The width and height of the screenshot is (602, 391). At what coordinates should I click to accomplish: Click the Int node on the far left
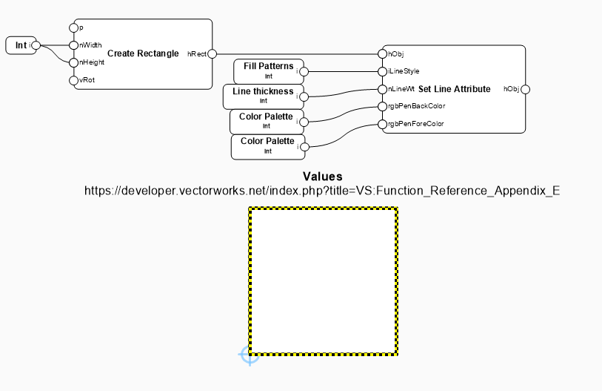tap(21, 46)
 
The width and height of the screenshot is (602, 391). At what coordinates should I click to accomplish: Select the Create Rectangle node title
tap(143, 53)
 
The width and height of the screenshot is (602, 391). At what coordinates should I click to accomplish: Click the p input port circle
tap(73, 27)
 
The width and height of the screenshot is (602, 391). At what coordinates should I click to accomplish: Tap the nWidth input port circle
tap(73, 45)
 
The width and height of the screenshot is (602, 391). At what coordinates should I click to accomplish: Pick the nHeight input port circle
tap(73, 62)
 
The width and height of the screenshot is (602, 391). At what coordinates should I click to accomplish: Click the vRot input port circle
tap(73, 80)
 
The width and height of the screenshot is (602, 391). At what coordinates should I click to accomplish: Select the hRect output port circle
tap(212, 53)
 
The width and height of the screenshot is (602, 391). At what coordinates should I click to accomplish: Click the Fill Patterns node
tap(269, 71)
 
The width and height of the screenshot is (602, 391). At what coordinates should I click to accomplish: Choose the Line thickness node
tap(263, 96)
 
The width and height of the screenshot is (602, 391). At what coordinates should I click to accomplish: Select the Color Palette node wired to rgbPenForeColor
tap(267, 145)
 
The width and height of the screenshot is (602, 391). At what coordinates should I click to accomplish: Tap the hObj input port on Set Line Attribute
tap(382, 53)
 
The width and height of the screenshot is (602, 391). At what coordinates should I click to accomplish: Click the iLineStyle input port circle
tap(382, 71)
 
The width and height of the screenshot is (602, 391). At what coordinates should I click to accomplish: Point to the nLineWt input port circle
tap(382, 89)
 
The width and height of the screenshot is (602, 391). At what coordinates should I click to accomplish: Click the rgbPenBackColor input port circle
tap(382, 107)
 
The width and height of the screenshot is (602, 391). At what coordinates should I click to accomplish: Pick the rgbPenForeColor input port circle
tap(382, 124)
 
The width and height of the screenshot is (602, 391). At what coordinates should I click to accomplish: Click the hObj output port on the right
tap(525, 89)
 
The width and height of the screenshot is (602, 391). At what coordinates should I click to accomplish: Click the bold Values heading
tap(323, 177)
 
